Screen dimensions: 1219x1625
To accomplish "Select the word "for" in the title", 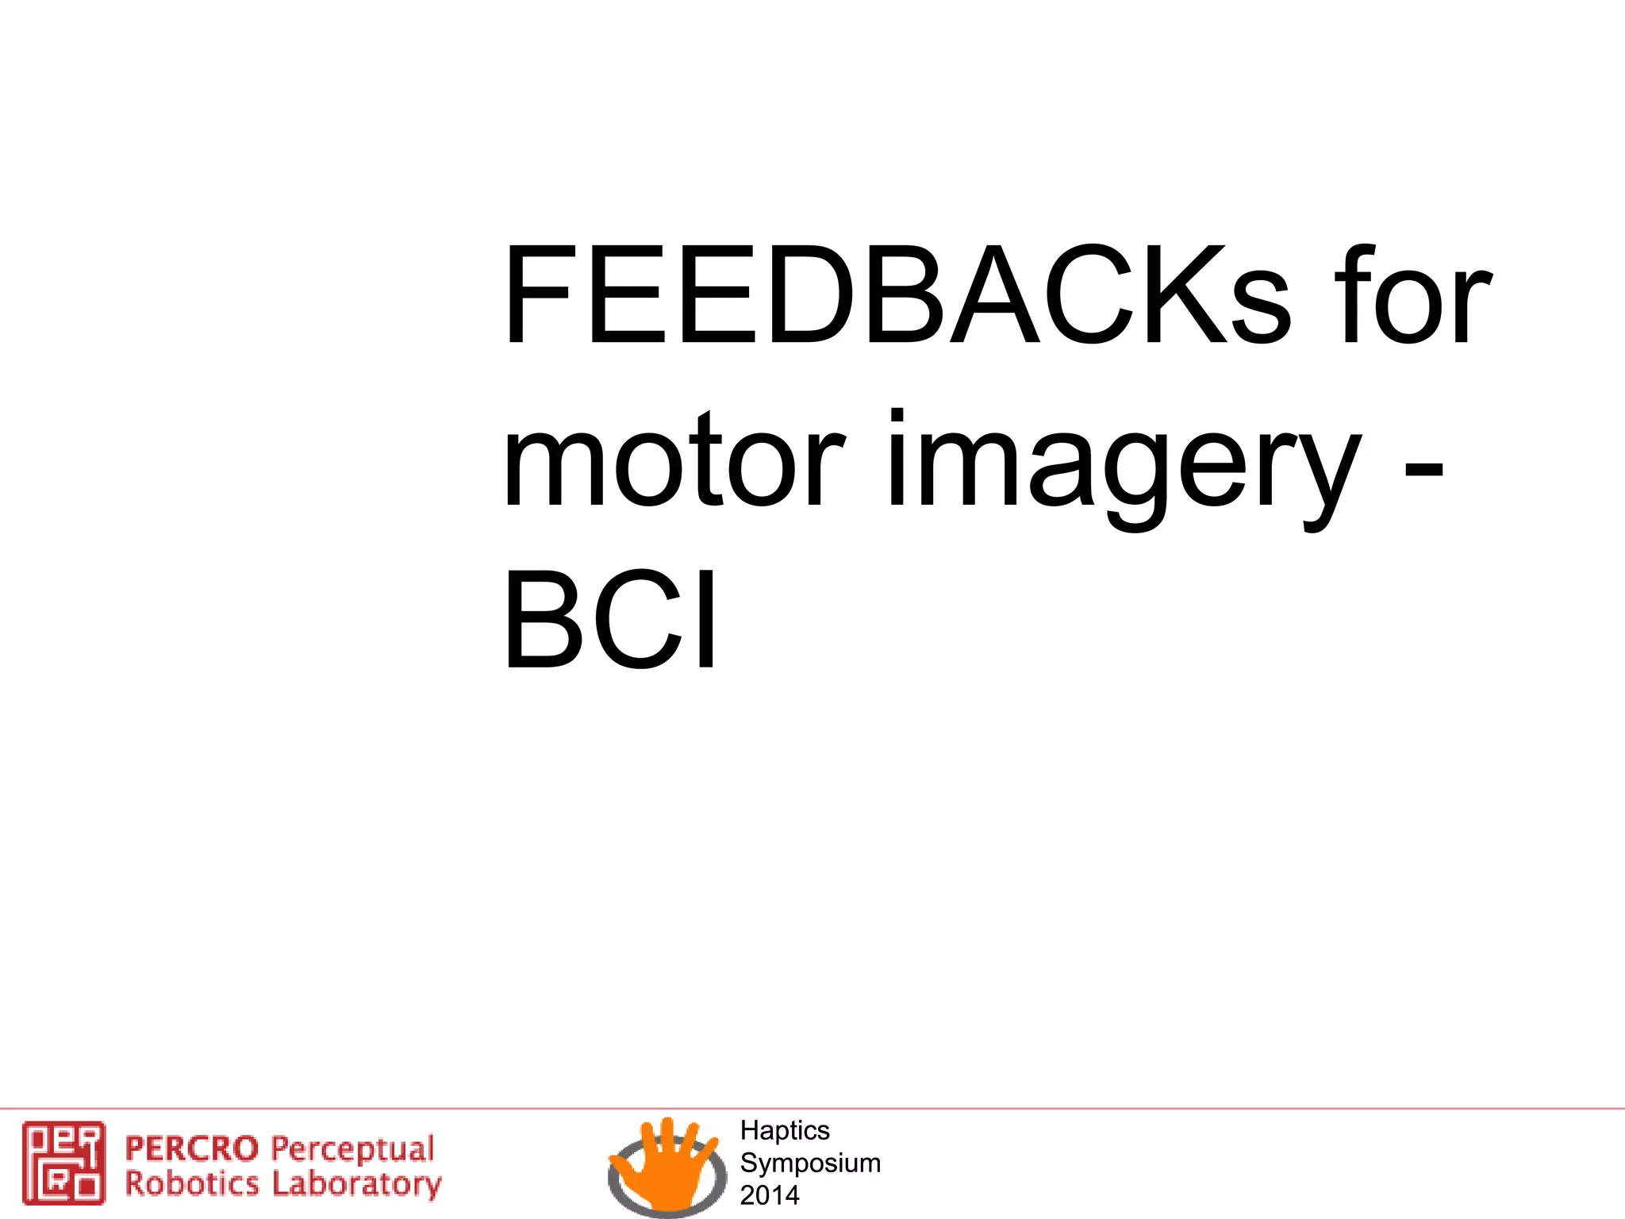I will coord(1412,295).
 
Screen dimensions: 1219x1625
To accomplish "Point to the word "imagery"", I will coord(1122,468).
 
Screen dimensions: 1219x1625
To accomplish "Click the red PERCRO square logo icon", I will coord(63,1162).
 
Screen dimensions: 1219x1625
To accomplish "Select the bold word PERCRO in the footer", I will coord(192,1148).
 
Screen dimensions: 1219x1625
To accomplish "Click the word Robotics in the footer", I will coord(192,1183).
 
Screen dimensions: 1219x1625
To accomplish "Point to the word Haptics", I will coord(784,1130).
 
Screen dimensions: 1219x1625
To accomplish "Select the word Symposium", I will coord(810,1163).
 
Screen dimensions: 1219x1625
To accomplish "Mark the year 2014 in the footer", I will coord(769,1195).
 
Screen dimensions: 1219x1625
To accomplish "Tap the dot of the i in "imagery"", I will coord(897,414).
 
